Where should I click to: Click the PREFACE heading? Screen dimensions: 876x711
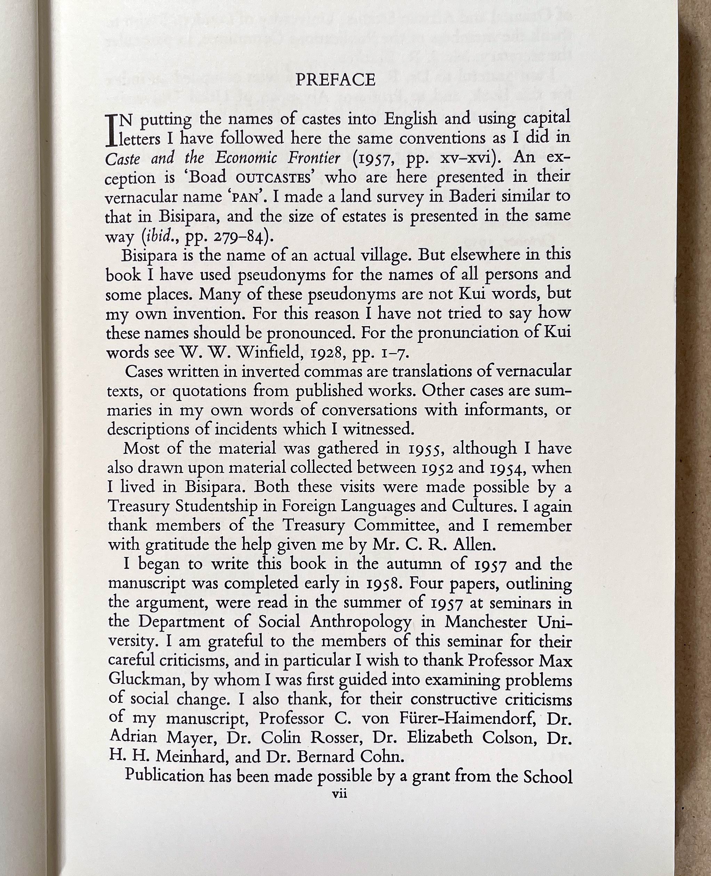335,80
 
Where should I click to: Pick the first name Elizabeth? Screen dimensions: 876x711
439,738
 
